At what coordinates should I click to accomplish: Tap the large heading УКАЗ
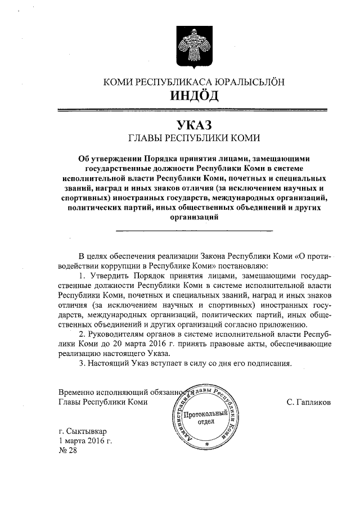point(194,123)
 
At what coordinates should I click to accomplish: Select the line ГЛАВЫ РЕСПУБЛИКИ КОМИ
point(194,137)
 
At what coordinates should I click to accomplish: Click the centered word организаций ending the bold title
point(194,217)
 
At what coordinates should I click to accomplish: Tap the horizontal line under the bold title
point(194,231)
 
